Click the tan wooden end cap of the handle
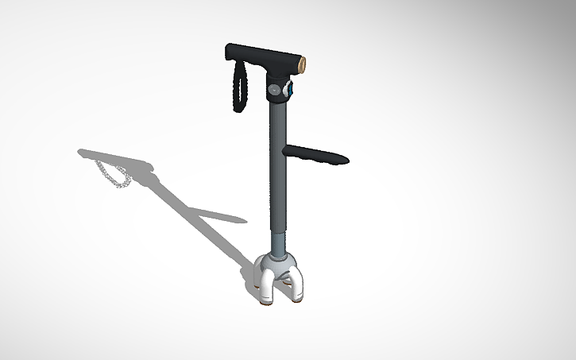tap(303, 63)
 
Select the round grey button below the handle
tap(276, 91)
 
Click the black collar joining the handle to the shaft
tap(278, 83)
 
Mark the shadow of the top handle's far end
tap(87, 152)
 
